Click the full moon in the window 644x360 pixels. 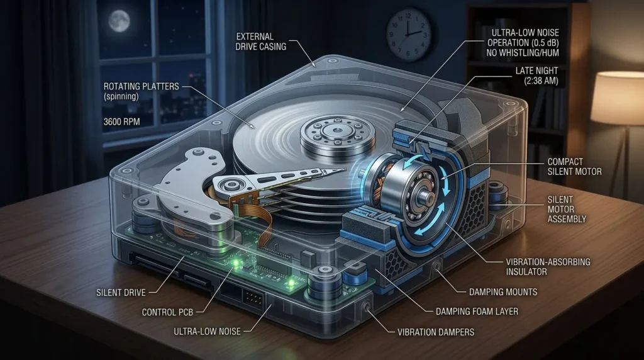click(119, 21)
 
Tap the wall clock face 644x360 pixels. click(409, 35)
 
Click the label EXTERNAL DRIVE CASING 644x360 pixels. click(261, 42)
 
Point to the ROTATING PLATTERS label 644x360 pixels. click(142, 86)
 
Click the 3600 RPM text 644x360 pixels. click(121, 121)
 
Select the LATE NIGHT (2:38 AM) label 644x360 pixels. click(537, 76)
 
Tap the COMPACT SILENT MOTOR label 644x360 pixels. click(574, 166)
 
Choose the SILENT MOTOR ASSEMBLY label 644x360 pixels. click(567, 209)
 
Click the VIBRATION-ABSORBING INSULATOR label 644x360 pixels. click(548, 267)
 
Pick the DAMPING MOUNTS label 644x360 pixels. click(503, 292)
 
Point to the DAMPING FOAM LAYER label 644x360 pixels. click(477, 312)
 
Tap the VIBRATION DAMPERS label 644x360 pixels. click(436, 332)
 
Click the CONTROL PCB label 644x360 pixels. click(167, 312)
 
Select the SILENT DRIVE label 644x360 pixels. click(121, 293)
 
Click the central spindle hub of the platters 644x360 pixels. click(338, 132)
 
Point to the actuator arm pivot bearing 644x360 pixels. click(226, 184)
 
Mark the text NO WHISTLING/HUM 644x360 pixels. click(523, 53)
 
